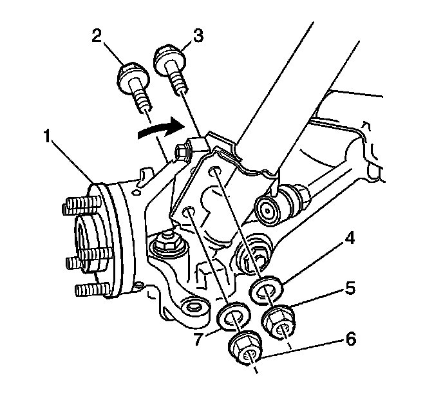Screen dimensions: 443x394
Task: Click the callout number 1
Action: point(47,136)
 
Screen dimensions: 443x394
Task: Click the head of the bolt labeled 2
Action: point(133,77)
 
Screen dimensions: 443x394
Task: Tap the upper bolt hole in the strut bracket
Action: point(216,171)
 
